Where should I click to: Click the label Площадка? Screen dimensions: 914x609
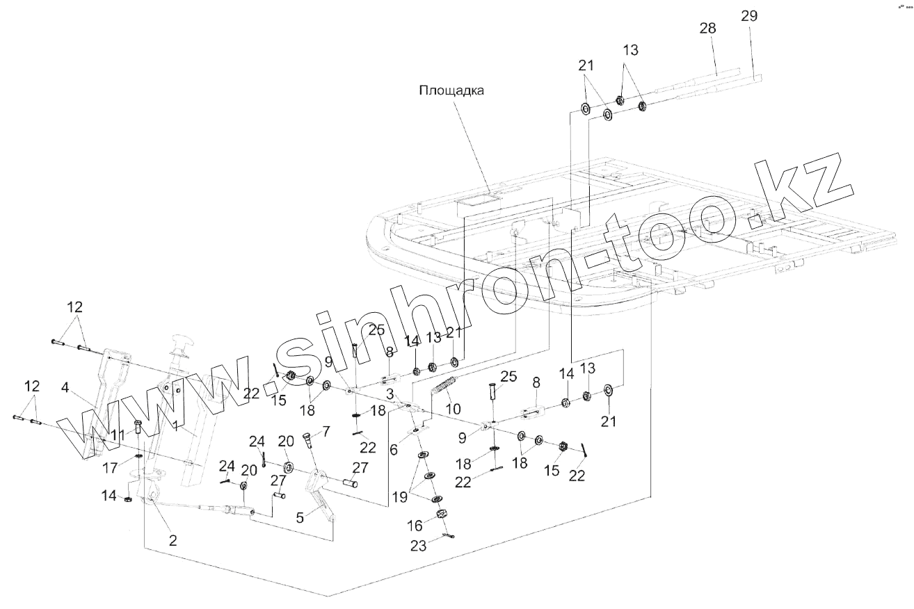tap(450, 90)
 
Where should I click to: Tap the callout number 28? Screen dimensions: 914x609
tap(707, 28)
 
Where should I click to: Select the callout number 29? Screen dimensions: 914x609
tap(749, 16)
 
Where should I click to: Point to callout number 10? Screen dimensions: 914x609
tap(453, 409)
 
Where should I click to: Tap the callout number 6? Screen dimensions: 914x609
tap(394, 450)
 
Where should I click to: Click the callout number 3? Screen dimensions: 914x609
tap(391, 395)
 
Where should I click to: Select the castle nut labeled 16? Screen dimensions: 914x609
tap(440, 515)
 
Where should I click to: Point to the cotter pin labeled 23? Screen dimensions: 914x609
tap(449, 535)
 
